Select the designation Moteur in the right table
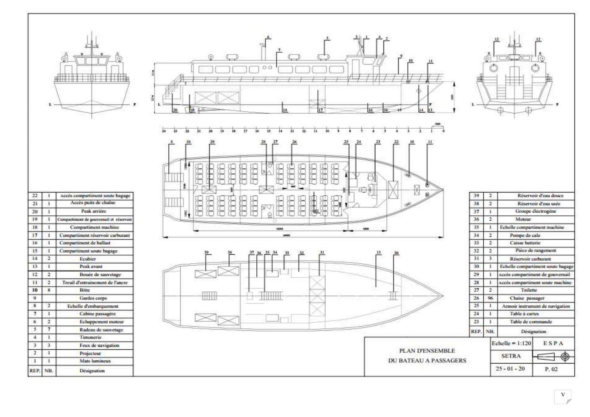point(523,219)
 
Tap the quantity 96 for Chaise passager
point(490,298)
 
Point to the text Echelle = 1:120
point(511,343)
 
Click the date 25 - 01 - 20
point(510,369)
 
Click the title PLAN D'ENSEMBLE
point(427,350)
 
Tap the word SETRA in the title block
point(511,356)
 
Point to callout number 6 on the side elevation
point(268,37)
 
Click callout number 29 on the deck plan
point(212,142)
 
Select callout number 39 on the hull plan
point(206,252)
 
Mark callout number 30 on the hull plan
point(396,253)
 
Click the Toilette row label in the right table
point(529,290)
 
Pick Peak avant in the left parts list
point(91,267)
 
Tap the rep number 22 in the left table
point(35,196)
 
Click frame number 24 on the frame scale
point(164,131)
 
